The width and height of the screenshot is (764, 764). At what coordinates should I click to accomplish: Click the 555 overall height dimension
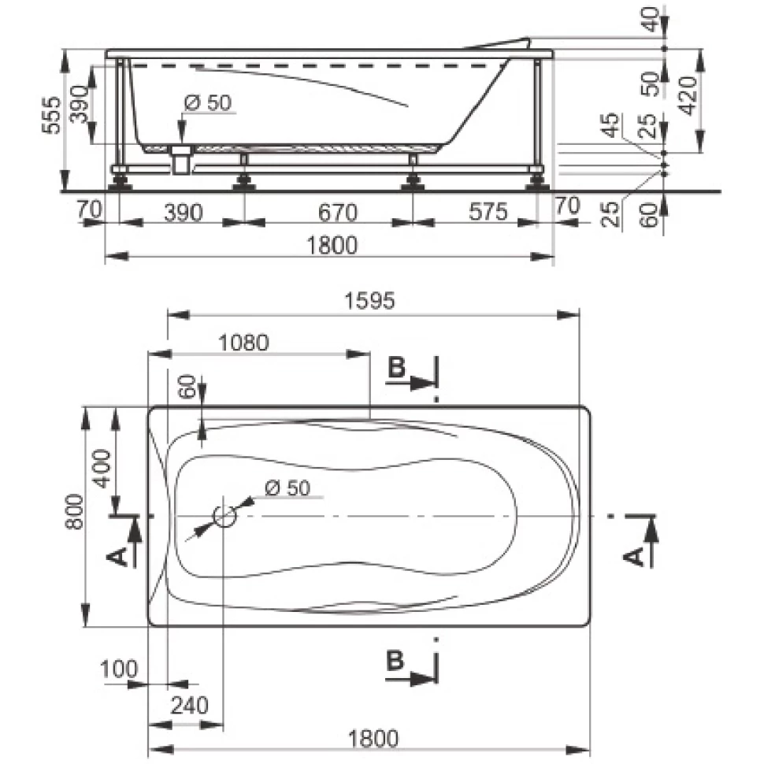52,116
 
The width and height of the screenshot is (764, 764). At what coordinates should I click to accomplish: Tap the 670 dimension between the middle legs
338,213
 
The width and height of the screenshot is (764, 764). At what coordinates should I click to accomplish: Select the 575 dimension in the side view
488,212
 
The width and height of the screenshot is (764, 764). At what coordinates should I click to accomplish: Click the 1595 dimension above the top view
369,301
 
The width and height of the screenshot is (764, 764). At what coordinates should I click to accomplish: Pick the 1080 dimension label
243,343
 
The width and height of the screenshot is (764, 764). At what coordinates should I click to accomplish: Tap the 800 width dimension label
76,512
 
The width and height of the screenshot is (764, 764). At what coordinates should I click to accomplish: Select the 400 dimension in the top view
102,468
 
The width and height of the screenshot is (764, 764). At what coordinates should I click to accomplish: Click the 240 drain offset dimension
190,705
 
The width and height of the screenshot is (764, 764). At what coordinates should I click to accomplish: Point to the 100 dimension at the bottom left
118,669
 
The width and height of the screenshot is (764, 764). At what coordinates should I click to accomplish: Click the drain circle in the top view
224,516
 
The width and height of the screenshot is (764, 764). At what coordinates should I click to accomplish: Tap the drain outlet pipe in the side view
181,159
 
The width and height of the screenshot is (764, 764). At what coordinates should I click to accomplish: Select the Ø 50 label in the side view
209,102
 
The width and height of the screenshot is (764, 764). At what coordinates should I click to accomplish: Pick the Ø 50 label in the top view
287,488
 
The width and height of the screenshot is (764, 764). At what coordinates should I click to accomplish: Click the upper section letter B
396,367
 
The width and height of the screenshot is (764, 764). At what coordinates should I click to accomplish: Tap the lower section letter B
395,661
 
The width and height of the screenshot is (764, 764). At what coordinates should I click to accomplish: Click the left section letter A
117,556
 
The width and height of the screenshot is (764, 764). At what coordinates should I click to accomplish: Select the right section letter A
634,556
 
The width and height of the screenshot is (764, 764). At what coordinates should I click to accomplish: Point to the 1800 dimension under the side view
332,245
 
